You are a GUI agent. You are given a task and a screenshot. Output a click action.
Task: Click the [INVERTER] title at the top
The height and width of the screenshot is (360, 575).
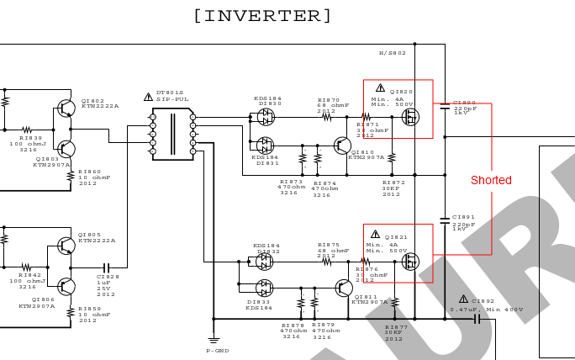pyautogui.click(x=262, y=15)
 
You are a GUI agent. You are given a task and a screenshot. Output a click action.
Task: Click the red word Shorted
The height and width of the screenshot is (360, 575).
pyautogui.click(x=491, y=180)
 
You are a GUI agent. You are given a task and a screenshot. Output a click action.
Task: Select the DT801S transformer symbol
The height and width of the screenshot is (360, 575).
pyautogui.click(x=172, y=133)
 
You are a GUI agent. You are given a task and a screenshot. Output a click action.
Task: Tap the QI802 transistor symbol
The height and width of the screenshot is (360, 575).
pyautogui.click(x=66, y=109)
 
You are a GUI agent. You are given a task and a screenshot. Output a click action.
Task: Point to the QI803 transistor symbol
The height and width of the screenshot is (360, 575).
pyautogui.click(x=66, y=148)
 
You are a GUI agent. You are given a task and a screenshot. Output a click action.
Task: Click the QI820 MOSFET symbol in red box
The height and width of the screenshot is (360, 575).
pyautogui.click(x=410, y=117)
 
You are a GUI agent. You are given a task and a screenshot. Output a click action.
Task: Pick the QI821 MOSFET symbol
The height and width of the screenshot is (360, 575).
pyautogui.click(x=410, y=262)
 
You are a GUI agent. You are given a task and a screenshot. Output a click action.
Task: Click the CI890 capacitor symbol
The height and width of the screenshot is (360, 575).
pyautogui.click(x=445, y=104)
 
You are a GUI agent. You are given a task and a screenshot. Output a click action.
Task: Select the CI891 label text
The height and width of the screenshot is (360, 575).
pyautogui.click(x=463, y=217)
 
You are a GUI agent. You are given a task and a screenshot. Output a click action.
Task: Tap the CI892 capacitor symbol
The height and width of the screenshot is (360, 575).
pyautogui.click(x=477, y=319)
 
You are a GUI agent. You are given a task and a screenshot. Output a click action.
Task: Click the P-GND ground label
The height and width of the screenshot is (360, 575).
pyautogui.click(x=218, y=350)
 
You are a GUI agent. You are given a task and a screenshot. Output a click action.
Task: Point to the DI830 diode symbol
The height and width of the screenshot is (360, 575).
pyautogui.click(x=266, y=117)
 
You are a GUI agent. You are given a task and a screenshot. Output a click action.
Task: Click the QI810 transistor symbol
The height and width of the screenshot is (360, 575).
pyautogui.click(x=342, y=146)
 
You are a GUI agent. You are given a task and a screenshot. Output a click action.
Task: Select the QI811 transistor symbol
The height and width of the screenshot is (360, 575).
pyautogui.click(x=343, y=289)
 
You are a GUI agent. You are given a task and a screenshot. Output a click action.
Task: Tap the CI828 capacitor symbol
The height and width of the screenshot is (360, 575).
pyautogui.click(x=106, y=267)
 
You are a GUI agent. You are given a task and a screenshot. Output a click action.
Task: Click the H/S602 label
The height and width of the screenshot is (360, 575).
pyautogui.click(x=392, y=53)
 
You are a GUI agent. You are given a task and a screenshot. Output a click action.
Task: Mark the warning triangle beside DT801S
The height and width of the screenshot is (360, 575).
pyautogui.click(x=149, y=97)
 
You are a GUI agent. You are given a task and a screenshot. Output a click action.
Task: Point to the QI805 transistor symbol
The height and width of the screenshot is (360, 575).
pyautogui.click(x=66, y=246)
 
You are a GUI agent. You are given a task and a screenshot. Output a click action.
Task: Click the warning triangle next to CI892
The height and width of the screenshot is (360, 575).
pyautogui.click(x=463, y=299)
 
